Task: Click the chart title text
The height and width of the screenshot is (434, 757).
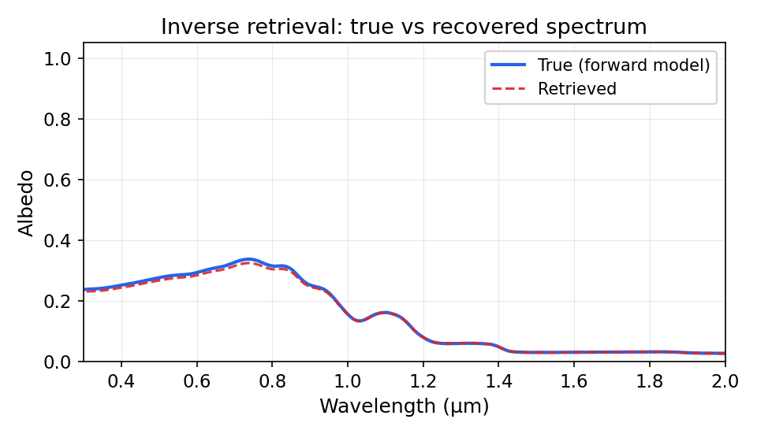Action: [404, 27]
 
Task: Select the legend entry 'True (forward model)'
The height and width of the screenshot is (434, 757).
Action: [623, 65]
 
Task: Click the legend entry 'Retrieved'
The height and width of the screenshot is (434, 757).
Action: [576, 89]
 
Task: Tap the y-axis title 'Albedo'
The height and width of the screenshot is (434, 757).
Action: [27, 202]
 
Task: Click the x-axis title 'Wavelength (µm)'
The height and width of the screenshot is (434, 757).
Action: [404, 406]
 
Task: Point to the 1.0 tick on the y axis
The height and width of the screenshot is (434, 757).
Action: [62, 59]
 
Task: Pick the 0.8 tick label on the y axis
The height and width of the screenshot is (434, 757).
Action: [62, 120]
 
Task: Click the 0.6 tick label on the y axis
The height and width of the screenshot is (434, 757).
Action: [62, 180]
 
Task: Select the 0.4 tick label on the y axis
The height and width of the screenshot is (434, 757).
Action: [62, 241]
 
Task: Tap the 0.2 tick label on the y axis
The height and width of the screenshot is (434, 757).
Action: [62, 302]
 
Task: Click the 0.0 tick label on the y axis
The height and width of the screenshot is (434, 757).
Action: [62, 362]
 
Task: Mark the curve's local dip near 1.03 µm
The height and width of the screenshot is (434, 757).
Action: [359, 321]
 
